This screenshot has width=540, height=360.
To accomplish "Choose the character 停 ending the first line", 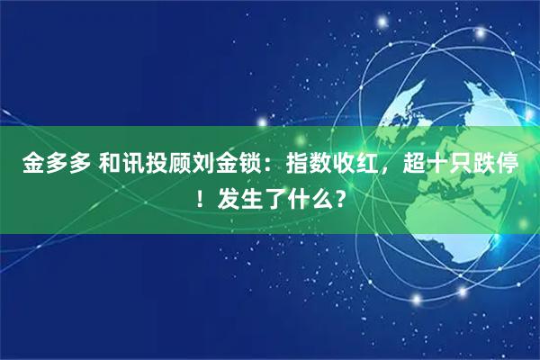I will pos(530,165).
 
